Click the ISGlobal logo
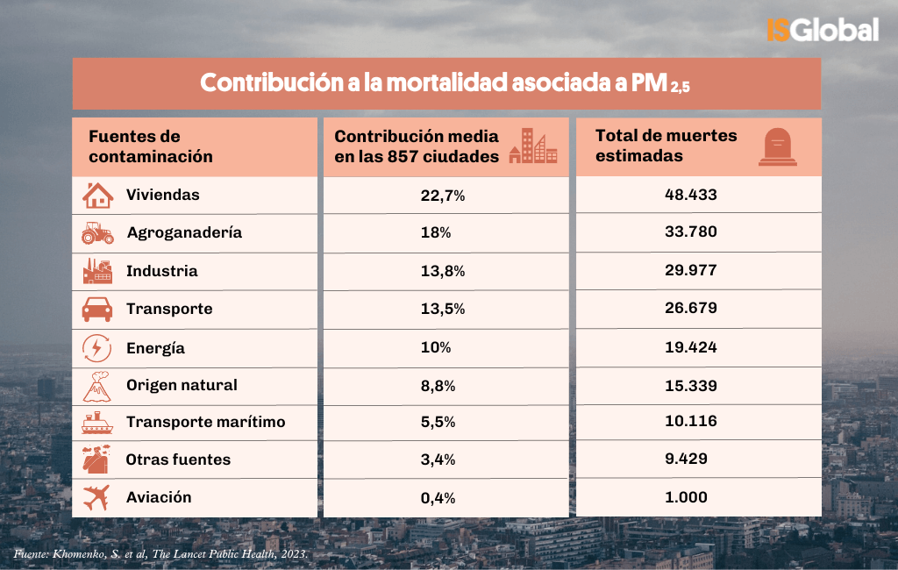[x=822, y=30]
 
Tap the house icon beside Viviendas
[x=97, y=195]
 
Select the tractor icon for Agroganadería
[x=97, y=233]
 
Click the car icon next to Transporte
[x=97, y=310]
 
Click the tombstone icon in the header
[x=778, y=146]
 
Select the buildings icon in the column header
[x=532, y=146]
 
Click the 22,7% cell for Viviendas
[x=442, y=196]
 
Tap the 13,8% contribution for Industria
[x=442, y=272]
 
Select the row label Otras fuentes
[x=178, y=460]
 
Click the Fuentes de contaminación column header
[x=150, y=146]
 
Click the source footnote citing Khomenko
[x=160, y=554]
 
